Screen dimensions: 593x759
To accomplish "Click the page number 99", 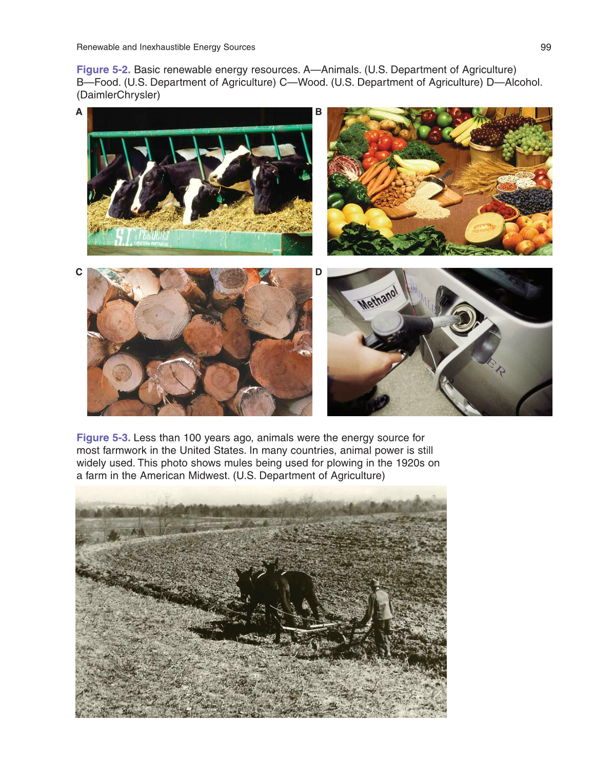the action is click(545, 47).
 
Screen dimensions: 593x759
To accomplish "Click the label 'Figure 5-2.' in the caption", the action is click(103, 70).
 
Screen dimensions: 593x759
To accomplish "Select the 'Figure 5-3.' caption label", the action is click(103, 438).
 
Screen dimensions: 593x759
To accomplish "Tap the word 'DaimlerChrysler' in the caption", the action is click(118, 95).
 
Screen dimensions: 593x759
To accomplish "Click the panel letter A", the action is click(79, 112).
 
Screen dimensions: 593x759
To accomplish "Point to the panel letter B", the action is click(319, 112).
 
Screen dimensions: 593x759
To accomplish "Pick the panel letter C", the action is click(79, 272).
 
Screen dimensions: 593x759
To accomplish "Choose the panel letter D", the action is click(319, 272).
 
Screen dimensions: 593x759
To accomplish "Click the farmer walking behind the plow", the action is click(380, 618).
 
